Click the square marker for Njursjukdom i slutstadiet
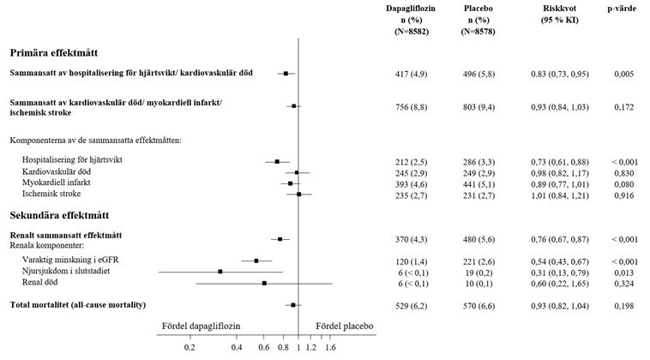point(220,271)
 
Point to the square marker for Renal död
point(264,283)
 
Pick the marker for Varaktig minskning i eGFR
point(256,260)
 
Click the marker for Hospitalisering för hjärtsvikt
point(277,161)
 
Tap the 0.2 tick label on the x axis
point(189,348)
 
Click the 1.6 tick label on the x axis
point(330,348)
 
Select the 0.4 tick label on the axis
point(237,348)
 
